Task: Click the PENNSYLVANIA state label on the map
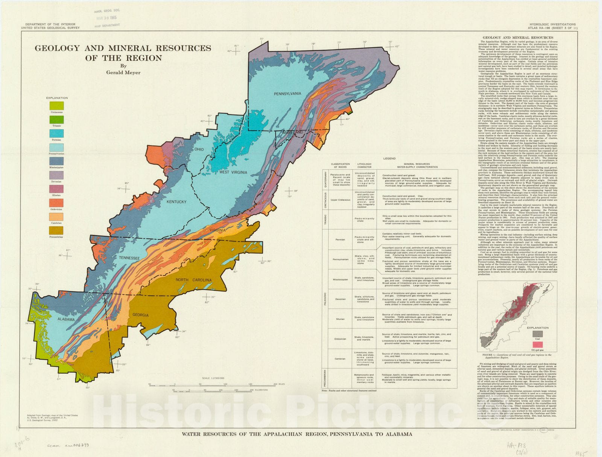[287, 94]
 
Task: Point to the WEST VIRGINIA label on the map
[233, 172]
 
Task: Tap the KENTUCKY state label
[176, 202]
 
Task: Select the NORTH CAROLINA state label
[193, 280]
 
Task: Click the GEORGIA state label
[140, 315]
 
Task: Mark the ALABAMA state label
[66, 319]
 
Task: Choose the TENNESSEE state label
[129, 258]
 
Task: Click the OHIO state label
[199, 149]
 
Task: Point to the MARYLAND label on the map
[294, 133]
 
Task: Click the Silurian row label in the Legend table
[340, 319]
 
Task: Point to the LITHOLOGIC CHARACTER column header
[364, 166]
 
